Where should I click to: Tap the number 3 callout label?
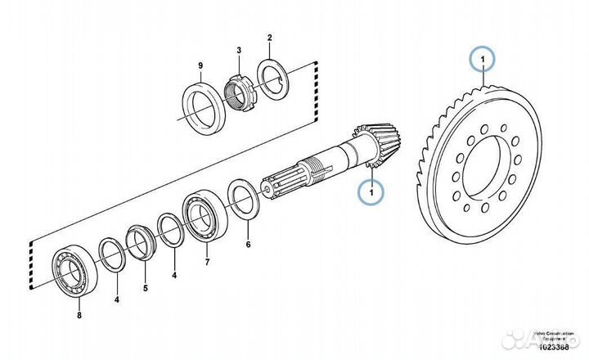238,50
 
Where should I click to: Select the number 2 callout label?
269,38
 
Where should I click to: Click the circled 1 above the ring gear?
483,60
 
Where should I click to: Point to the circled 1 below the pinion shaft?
371,191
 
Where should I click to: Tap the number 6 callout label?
250,244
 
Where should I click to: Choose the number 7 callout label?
206,263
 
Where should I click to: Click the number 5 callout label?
146,287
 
